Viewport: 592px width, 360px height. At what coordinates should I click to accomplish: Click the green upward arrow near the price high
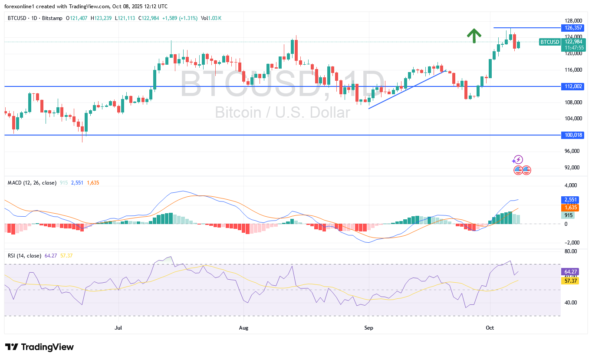pyautogui.click(x=474, y=36)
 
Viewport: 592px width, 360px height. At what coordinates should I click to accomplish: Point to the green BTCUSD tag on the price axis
pyautogui.click(x=549, y=42)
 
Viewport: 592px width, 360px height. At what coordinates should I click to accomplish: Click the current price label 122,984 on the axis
pyautogui.click(x=572, y=42)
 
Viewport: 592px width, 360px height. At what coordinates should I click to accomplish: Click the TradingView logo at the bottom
pyautogui.click(x=39, y=347)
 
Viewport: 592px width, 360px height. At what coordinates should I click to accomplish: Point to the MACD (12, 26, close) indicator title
pyautogui.click(x=32, y=183)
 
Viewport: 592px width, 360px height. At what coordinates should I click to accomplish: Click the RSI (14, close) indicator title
pyautogui.click(x=25, y=256)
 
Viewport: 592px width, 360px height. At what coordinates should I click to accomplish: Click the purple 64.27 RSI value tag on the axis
pyautogui.click(x=569, y=272)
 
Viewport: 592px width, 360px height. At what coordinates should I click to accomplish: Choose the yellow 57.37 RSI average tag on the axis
pyautogui.click(x=569, y=281)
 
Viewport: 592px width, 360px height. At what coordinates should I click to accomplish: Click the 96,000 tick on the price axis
pyautogui.click(x=573, y=151)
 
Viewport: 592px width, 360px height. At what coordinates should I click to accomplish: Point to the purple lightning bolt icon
pyautogui.click(x=518, y=159)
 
